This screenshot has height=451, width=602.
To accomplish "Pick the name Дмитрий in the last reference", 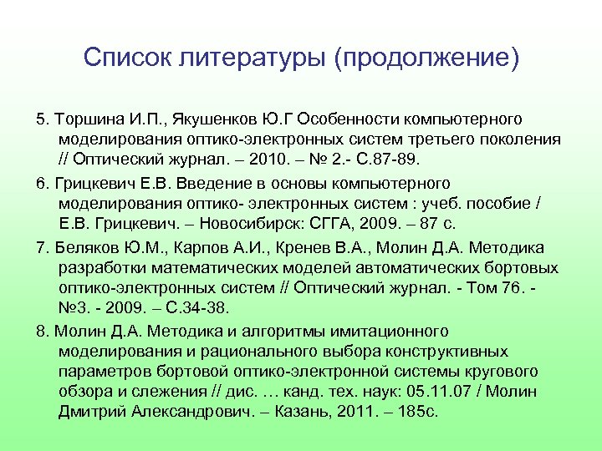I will pyautogui.click(x=93, y=412).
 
